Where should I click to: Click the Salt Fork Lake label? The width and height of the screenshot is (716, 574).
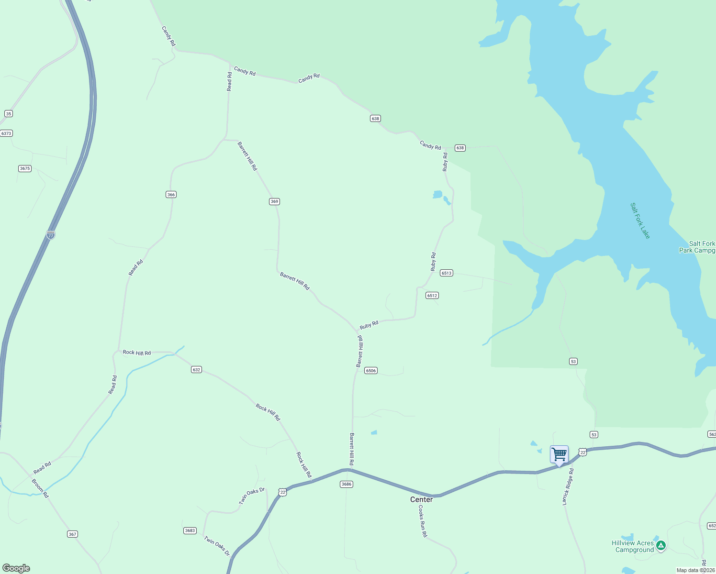pyautogui.click(x=640, y=221)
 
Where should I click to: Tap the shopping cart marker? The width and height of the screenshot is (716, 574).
pyautogui.click(x=559, y=454)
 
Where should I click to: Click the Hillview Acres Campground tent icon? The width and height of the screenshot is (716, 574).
pyautogui.click(x=661, y=545)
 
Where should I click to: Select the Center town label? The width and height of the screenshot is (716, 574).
pyautogui.click(x=421, y=499)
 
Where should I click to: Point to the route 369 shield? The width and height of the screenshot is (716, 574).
pyautogui.click(x=274, y=201)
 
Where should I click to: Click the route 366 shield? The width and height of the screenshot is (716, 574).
pyautogui.click(x=171, y=194)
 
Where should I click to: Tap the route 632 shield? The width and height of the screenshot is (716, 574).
pyautogui.click(x=196, y=369)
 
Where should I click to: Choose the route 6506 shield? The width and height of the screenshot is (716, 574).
pyautogui.click(x=371, y=370)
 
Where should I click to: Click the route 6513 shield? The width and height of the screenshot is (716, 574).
pyautogui.click(x=447, y=273)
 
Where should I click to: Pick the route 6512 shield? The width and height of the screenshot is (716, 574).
pyautogui.click(x=432, y=295)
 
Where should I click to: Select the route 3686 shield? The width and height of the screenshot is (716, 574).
pyautogui.click(x=347, y=484)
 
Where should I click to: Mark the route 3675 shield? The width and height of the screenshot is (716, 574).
pyautogui.click(x=25, y=168)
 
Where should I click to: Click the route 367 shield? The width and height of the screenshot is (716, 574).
pyautogui.click(x=72, y=534)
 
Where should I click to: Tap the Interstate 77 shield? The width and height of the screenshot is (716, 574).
pyautogui.click(x=51, y=234)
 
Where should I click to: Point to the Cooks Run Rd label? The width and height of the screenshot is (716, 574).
pyautogui.click(x=423, y=521)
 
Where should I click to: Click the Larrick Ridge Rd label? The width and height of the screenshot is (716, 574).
pyautogui.click(x=568, y=486)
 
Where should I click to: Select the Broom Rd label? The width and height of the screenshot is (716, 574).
pyautogui.click(x=40, y=488)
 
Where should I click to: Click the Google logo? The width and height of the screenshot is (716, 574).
pyautogui.click(x=16, y=568)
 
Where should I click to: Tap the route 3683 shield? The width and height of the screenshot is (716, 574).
pyautogui.click(x=190, y=530)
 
